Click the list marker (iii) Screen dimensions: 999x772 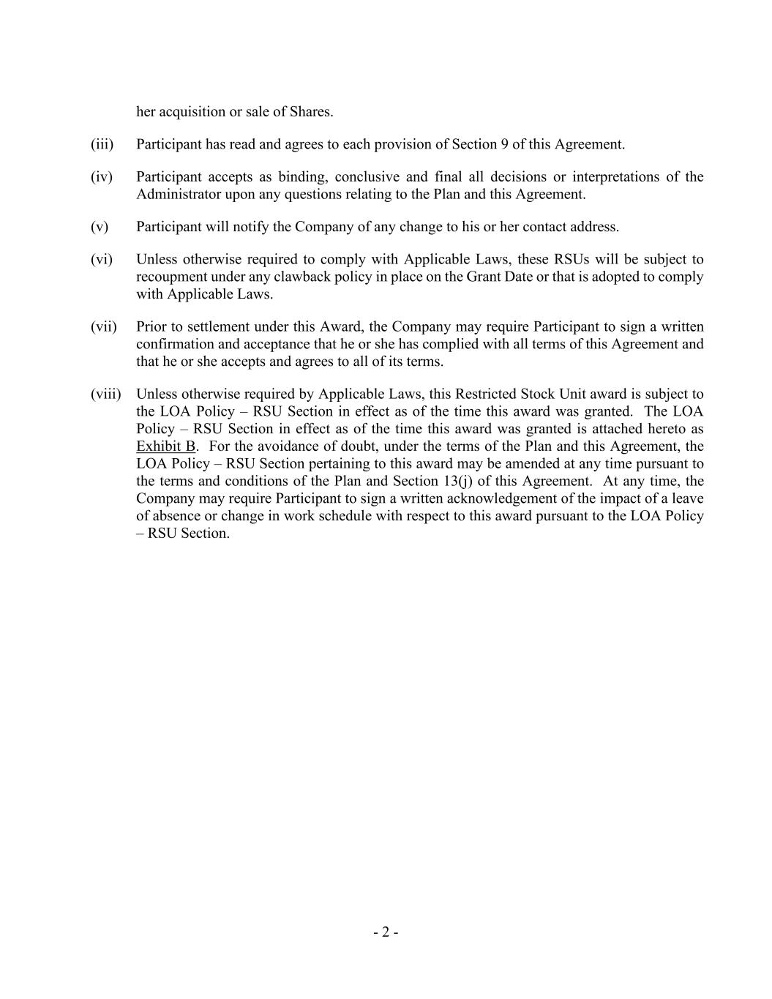coord(102,144)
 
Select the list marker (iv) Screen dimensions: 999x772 coord(102,176)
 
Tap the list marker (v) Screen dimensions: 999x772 coord(100,227)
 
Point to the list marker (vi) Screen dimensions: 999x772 coord(102,259)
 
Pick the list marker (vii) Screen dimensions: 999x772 coord(104,326)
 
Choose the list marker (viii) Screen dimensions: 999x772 coord(105,394)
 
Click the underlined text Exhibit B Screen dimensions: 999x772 coord(165,446)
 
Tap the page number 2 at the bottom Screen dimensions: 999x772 coord(386,932)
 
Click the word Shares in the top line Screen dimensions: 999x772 coord(311,112)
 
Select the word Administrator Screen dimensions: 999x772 coord(179,194)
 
